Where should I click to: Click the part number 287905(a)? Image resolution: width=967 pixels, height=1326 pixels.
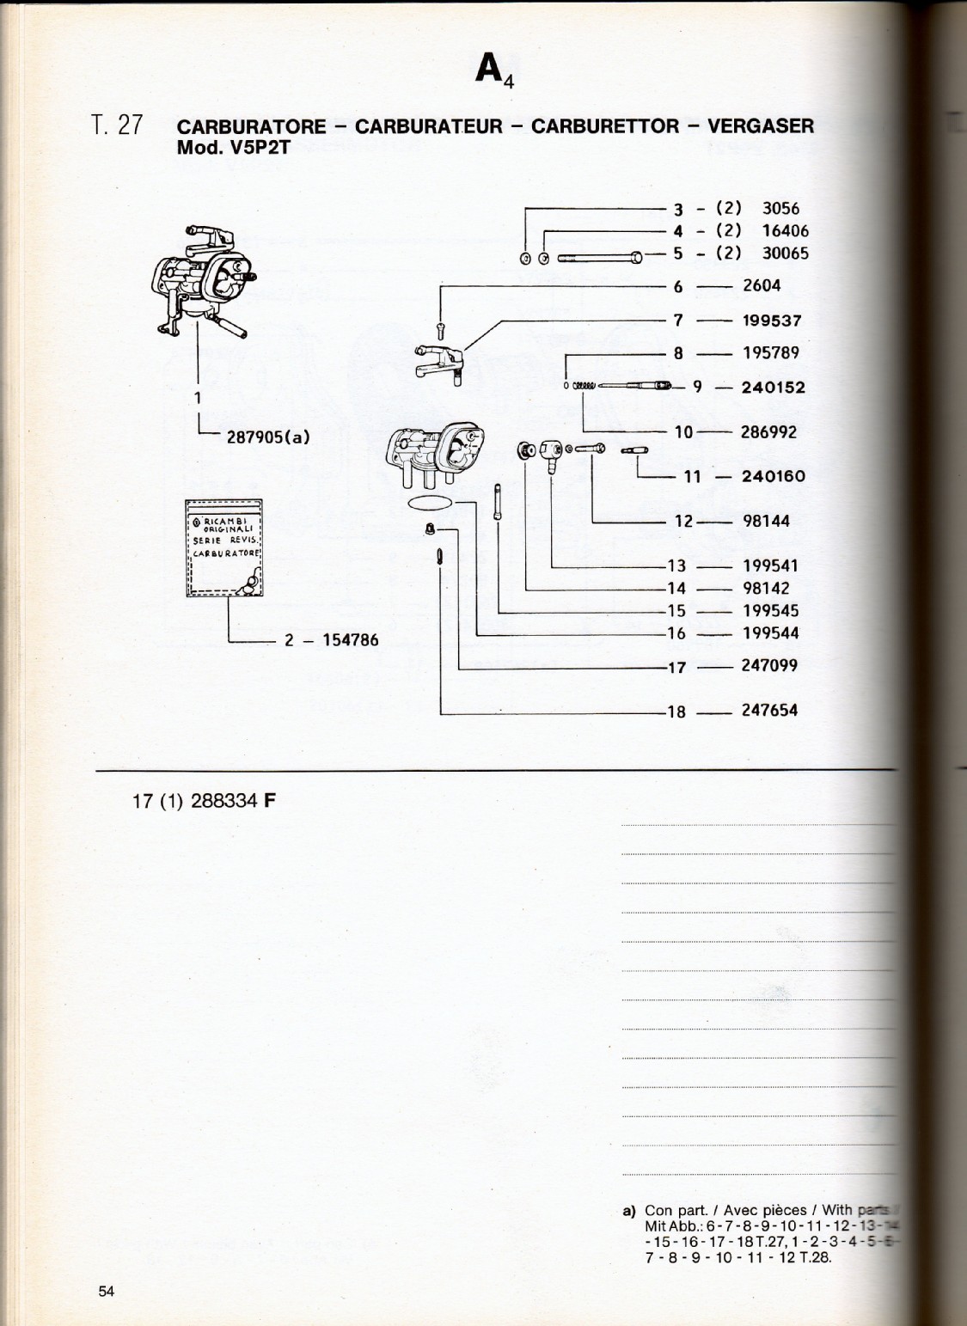click(x=267, y=436)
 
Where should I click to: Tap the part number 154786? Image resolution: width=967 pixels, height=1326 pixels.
click(x=350, y=640)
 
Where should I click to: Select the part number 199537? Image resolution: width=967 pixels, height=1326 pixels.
click(x=771, y=321)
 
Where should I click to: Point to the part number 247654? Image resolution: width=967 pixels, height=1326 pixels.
click(x=769, y=711)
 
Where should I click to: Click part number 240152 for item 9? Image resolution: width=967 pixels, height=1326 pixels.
click(x=773, y=388)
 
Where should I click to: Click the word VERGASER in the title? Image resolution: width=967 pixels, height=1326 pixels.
click(x=760, y=126)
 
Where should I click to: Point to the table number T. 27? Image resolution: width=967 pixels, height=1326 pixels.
click(x=117, y=125)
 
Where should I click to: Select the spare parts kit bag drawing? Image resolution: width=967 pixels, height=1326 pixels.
click(x=225, y=547)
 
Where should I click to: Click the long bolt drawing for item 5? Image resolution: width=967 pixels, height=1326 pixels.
click(x=600, y=256)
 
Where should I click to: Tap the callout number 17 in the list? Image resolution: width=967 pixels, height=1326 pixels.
click(x=676, y=667)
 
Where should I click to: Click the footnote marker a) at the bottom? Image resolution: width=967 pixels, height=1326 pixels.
click(x=628, y=1211)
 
